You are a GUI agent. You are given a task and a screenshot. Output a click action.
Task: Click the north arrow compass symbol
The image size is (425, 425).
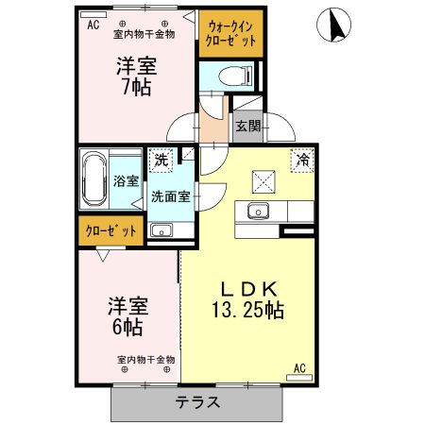coord(334,25)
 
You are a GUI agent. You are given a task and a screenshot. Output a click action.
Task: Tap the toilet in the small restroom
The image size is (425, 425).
coord(229,77)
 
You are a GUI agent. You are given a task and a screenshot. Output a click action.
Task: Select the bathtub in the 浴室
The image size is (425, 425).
coord(94,178)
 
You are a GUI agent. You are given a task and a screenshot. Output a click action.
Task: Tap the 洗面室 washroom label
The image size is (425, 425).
coord(171,196)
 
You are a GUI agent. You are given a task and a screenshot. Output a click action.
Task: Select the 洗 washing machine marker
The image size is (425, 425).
coord(161,161)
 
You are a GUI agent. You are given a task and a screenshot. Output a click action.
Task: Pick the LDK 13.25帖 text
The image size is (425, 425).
coord(248,297)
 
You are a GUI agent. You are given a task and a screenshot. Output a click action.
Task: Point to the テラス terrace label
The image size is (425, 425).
coord(197,402)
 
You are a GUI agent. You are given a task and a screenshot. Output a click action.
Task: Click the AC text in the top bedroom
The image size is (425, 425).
coord(93,25)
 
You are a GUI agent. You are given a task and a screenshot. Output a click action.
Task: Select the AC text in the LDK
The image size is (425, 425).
coord(299,368)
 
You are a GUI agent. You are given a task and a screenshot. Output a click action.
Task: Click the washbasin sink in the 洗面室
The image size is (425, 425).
coord(161,229)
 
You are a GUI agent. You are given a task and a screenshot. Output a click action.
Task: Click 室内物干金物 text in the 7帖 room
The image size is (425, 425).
coord(144,36)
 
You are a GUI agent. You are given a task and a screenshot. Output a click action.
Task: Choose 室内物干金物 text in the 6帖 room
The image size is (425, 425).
coord(145,360)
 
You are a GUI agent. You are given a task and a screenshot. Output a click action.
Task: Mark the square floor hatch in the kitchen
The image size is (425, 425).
coord(263,178)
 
